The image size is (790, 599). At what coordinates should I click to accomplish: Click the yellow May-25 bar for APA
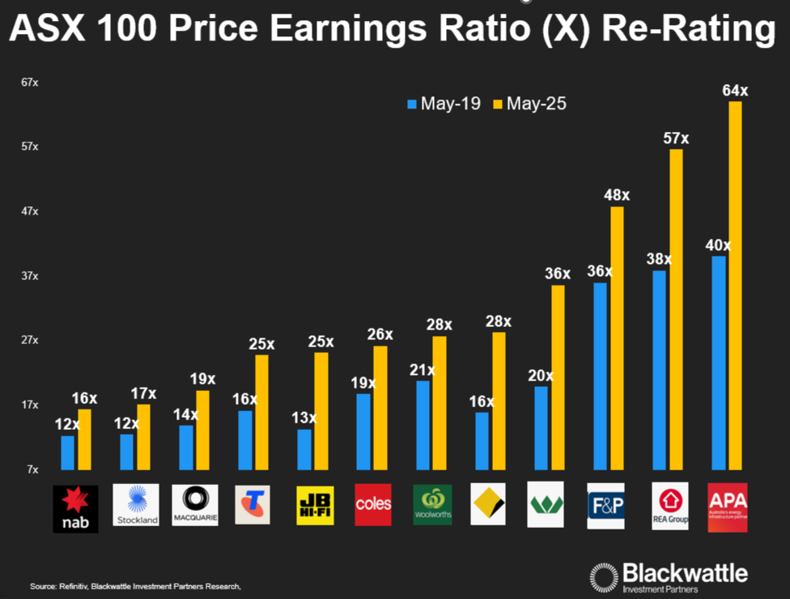pyautogui.click(x=735, y=285)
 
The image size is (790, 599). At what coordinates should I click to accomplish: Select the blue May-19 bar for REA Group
pyautogui.click(x=659, y=370)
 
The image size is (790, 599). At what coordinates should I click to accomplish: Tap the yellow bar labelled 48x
pyautogui.click(x=618, y=338)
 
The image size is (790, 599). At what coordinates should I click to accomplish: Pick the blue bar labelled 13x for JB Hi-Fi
pyautogui.click(x=304, y=449)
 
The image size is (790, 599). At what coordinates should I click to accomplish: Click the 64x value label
pyautogui.click(x=735, y=90)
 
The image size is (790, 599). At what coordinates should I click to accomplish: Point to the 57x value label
pyautogui.click(x=676, y=138)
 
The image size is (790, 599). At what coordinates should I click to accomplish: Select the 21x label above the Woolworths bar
pyautogui.click(x=423, y=370)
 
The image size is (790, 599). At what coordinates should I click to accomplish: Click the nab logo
pyautogui.click(x=75, y=509)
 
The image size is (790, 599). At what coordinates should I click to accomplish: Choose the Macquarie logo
pyautogui.click(x=195, y=505)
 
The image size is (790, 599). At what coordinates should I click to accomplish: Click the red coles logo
pyautogui.click(x=373, y=504)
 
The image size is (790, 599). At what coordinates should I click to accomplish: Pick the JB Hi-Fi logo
pyautogui.click(x=314, y=505)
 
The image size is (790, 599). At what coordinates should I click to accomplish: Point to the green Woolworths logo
pyautogui.click(x=432, y=505)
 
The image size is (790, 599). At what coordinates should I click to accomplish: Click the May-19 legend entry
pyautogui.click(x=444, y=104)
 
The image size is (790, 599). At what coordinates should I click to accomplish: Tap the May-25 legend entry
pyautogui.click(x=530, y=104)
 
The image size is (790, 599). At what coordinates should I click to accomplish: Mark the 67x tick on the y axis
pyautogui.click(x=30, y=83)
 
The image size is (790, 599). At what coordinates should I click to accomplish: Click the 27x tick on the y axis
pyautogui.click(x=30, y=340)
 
